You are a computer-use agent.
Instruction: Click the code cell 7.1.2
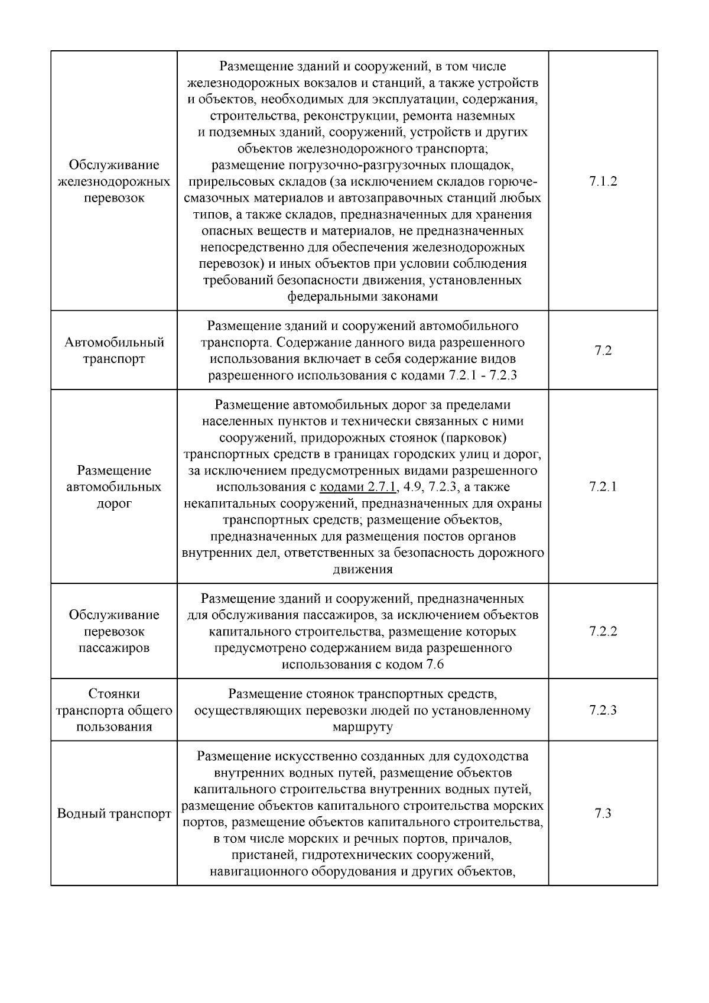pos(603,181)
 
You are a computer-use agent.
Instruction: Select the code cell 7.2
pos(603,350)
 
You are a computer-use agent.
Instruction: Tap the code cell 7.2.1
pos(603,487)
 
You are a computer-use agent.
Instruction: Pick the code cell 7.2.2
pos(603,631)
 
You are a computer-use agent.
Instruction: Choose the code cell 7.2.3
pos(603,710)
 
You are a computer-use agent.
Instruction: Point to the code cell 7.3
pos(603,813)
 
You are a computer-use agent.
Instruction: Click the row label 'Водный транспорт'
pos(114,814)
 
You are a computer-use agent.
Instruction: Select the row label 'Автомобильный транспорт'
pos(114,350)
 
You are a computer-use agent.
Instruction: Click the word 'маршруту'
pos(362,727)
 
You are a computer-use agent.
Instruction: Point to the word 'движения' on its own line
pos(362,570)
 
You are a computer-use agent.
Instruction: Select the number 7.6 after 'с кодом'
pos(434,665)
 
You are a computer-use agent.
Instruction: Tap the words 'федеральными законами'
pos(362,297)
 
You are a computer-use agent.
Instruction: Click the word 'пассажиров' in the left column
pos(114,648)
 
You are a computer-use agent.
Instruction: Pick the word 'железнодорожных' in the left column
pos(114,181)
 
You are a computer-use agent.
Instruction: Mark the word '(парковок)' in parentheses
pos(477,438)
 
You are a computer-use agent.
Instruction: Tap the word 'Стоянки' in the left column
pos(114,693)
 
